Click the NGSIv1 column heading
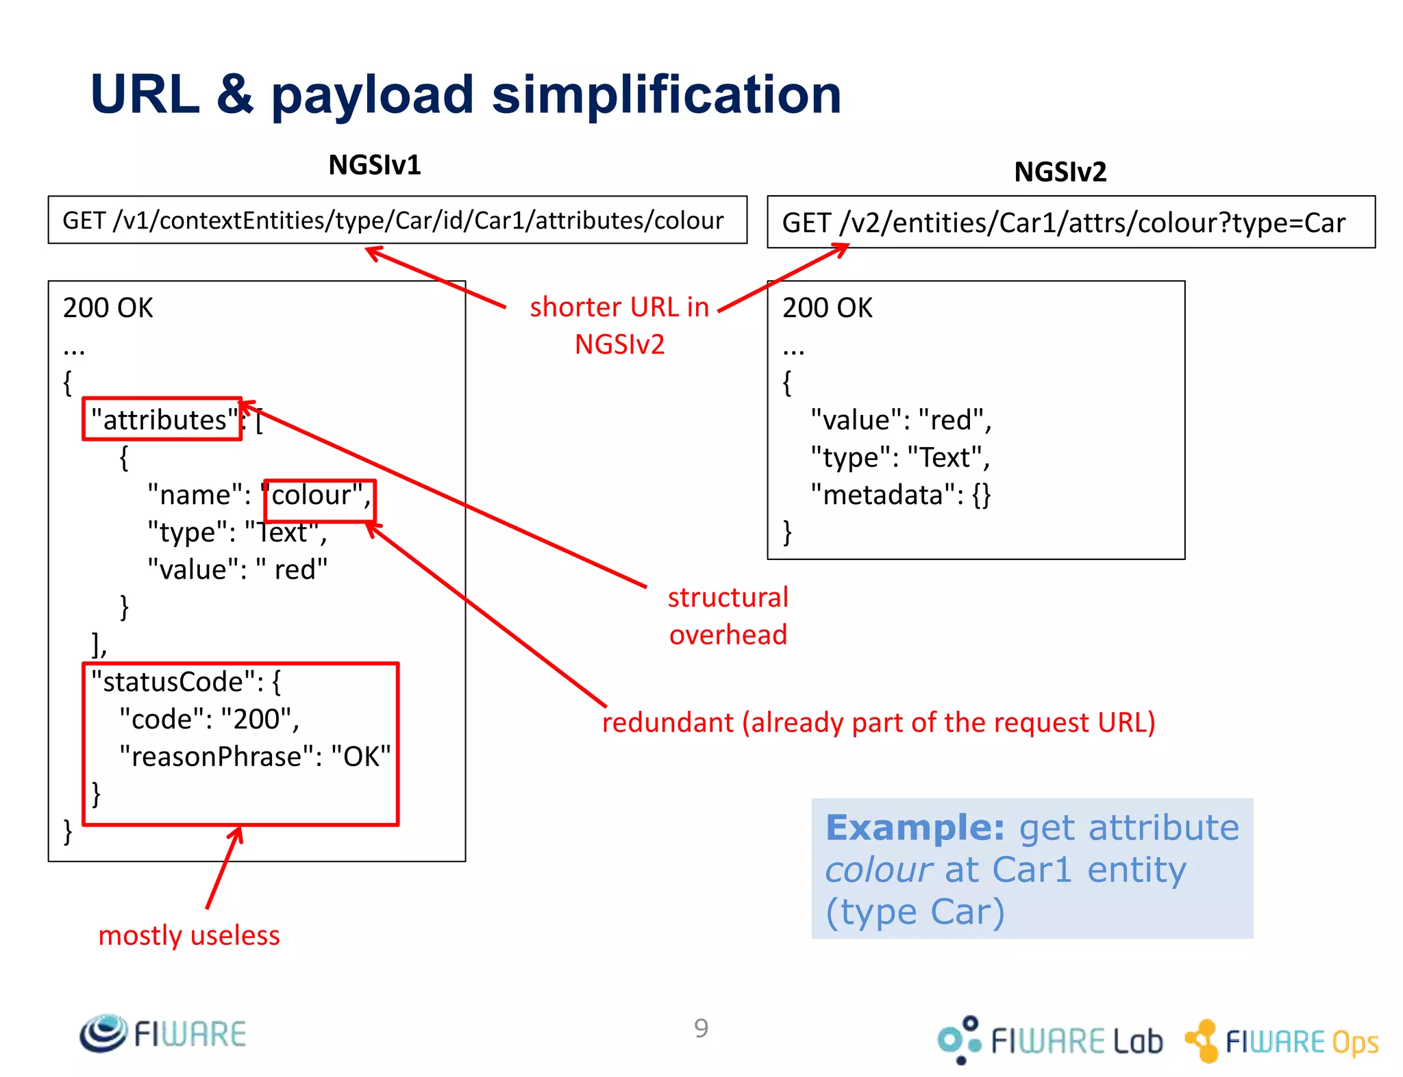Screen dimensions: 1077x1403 pyautogui.click(x=374, y=165)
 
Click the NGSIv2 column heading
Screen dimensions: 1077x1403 pyautogui.click(x=1059, y=172)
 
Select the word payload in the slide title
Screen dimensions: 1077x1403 pyautogui.click(x=372, y=95)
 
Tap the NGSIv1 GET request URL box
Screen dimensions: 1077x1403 pyautogui.click(x=397, y=220)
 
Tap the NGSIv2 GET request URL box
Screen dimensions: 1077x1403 pyautogui.click(x=1070, y=223)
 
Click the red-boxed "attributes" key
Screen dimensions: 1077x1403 pyautogui.click(x=162, y=419)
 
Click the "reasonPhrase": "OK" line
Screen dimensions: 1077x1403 pyautogui.click(x=254, y=757)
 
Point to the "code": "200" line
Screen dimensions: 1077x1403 pyautogui.click(x=209, y=719)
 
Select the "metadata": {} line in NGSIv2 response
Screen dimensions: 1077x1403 pyautogui.click(x=899, y=494)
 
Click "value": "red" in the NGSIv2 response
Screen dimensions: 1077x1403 pyautogui.click(x=899, y=420)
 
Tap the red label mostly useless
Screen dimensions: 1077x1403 pyautogui.click(x=189, y=935)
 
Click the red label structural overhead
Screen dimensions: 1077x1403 pyautogui.click(x=728, y=616)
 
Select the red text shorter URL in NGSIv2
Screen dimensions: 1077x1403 pyautogui.click(x=619, y=325)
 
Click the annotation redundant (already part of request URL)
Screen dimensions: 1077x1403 pyautogui.click(x=878, y=722)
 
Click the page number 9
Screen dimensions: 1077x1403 pyautogui.click(x=701, y=1028)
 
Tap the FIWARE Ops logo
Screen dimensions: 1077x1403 pyautogui.click(x=1282, y=1041)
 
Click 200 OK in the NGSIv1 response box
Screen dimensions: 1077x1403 pyautogui.click(x=108, y=308)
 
